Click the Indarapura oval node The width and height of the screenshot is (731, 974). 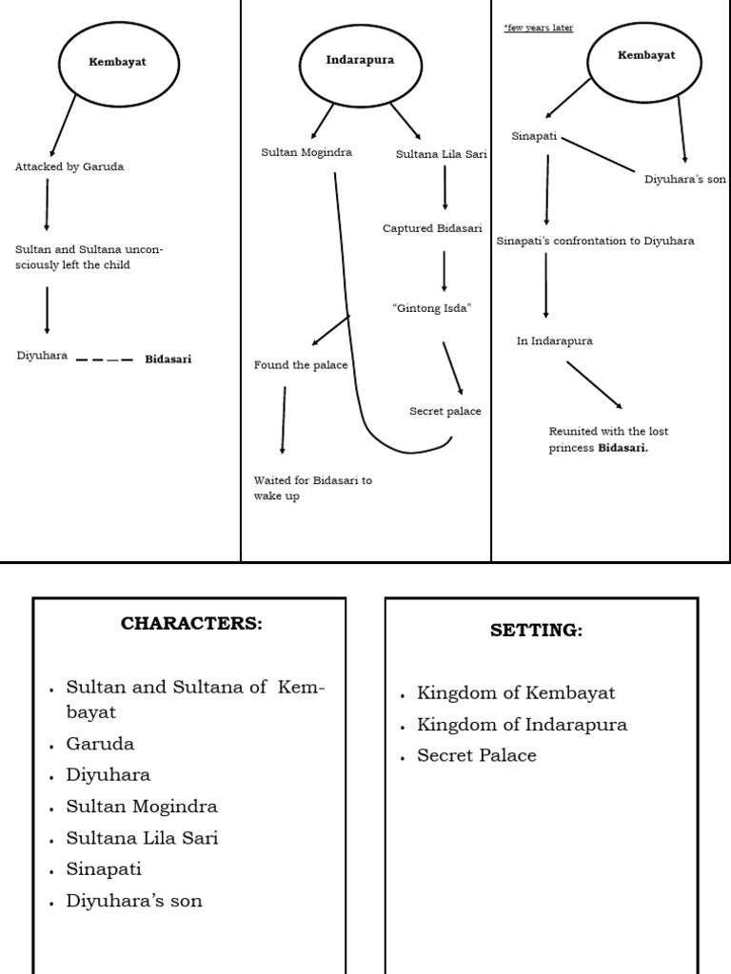point(360,61)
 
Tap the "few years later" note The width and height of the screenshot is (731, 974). point(539,28)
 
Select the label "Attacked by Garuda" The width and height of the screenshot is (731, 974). point(69,166)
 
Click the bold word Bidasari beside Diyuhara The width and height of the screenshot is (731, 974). point(168,360)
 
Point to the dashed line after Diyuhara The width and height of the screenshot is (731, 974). point(104,360)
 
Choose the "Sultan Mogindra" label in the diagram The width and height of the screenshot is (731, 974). point(306,152)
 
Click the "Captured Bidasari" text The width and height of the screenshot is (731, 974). point(432,228)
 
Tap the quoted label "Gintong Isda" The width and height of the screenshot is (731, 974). point(432,308)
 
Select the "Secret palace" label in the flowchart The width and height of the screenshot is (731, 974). point(445,411)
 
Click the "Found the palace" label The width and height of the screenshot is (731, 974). point(301,365)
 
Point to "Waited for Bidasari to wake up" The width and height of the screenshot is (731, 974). point(312,488)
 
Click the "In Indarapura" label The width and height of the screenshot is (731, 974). point(554,341)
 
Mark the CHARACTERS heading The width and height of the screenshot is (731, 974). point(190,624)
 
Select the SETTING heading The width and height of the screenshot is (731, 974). point(536,630)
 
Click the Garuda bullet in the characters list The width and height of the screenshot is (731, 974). point(100,744)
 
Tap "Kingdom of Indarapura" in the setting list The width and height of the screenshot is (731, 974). point(522,725)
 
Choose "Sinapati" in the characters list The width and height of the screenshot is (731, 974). point(104,869)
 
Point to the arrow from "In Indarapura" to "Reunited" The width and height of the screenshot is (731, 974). point(594,384)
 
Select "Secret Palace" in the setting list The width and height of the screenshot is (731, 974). point(476,756)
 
